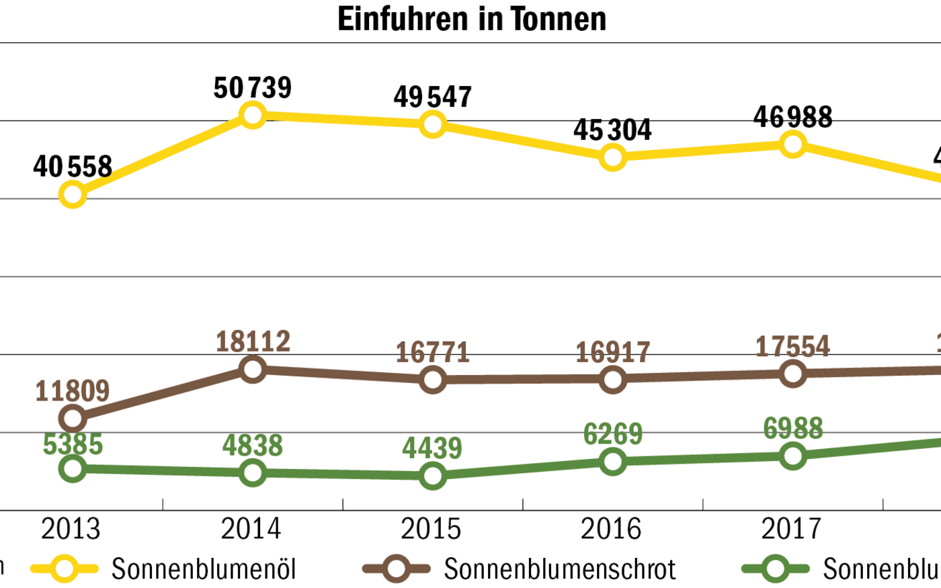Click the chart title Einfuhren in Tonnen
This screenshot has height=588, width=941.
click(471, 19)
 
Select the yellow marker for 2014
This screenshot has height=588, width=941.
click(253, 115)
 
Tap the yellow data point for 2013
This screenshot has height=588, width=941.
click(73, 195)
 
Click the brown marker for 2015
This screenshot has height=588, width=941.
click(433, 380)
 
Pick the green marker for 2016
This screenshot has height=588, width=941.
click(613, 461)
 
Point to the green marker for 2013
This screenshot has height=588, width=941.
click(73, 468)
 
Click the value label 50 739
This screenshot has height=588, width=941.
click(253, 88)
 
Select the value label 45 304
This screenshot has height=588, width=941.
click(612, 130)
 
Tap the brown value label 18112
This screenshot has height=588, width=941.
click(253, 342)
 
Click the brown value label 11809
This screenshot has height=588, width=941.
click(73, 390)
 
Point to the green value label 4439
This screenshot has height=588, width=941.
click(432, 448)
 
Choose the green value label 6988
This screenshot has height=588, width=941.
click(793, 428)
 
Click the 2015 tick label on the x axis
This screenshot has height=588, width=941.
click(432, 529)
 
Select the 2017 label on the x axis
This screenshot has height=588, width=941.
click(792, 529)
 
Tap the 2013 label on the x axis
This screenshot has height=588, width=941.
click(71, 529)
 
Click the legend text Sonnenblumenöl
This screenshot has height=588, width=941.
click(204, 569)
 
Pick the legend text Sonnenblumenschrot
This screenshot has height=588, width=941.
click(560, 569)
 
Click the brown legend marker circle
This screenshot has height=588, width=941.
click(397, 569)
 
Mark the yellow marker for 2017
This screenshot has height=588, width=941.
click(793, 144)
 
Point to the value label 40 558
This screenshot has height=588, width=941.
click(73, 167)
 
